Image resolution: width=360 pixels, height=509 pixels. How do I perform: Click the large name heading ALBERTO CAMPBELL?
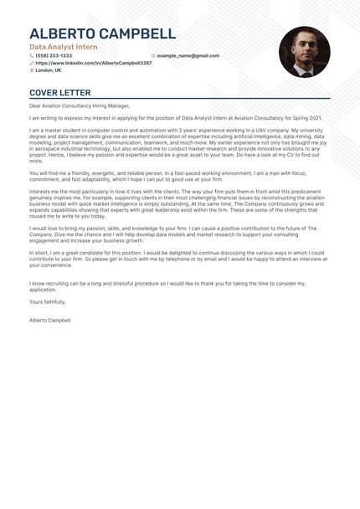coord(102,33)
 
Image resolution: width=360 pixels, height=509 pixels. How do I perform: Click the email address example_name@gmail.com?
coord(188,55)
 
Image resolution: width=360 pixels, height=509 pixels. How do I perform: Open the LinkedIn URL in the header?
coord(94,63)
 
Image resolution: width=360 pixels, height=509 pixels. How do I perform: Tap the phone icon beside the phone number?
coord(32,55)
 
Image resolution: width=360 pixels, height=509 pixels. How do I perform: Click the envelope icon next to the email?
coord(153,55)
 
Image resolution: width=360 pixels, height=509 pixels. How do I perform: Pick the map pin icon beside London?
coord(32,70)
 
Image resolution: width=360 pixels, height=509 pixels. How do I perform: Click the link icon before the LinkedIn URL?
coord(32,63)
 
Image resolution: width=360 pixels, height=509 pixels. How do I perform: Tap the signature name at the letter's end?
coord(50,321)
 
